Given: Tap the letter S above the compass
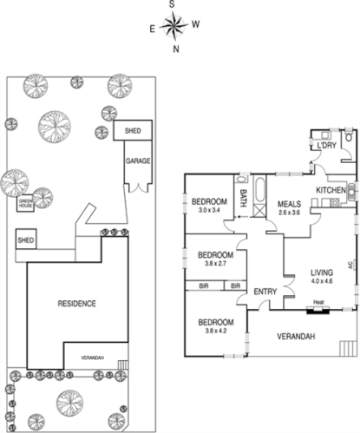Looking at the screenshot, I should [173, 5].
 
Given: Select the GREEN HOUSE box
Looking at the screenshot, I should [26, 205].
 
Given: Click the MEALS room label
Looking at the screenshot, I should [289, 205].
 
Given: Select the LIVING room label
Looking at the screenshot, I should [322, 272].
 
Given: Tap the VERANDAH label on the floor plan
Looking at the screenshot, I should [297, 337].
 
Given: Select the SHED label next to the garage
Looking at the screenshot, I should [134, 131].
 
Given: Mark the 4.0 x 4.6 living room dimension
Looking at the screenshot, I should [322, 281].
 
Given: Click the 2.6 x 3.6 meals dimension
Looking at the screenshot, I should [289, 213].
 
